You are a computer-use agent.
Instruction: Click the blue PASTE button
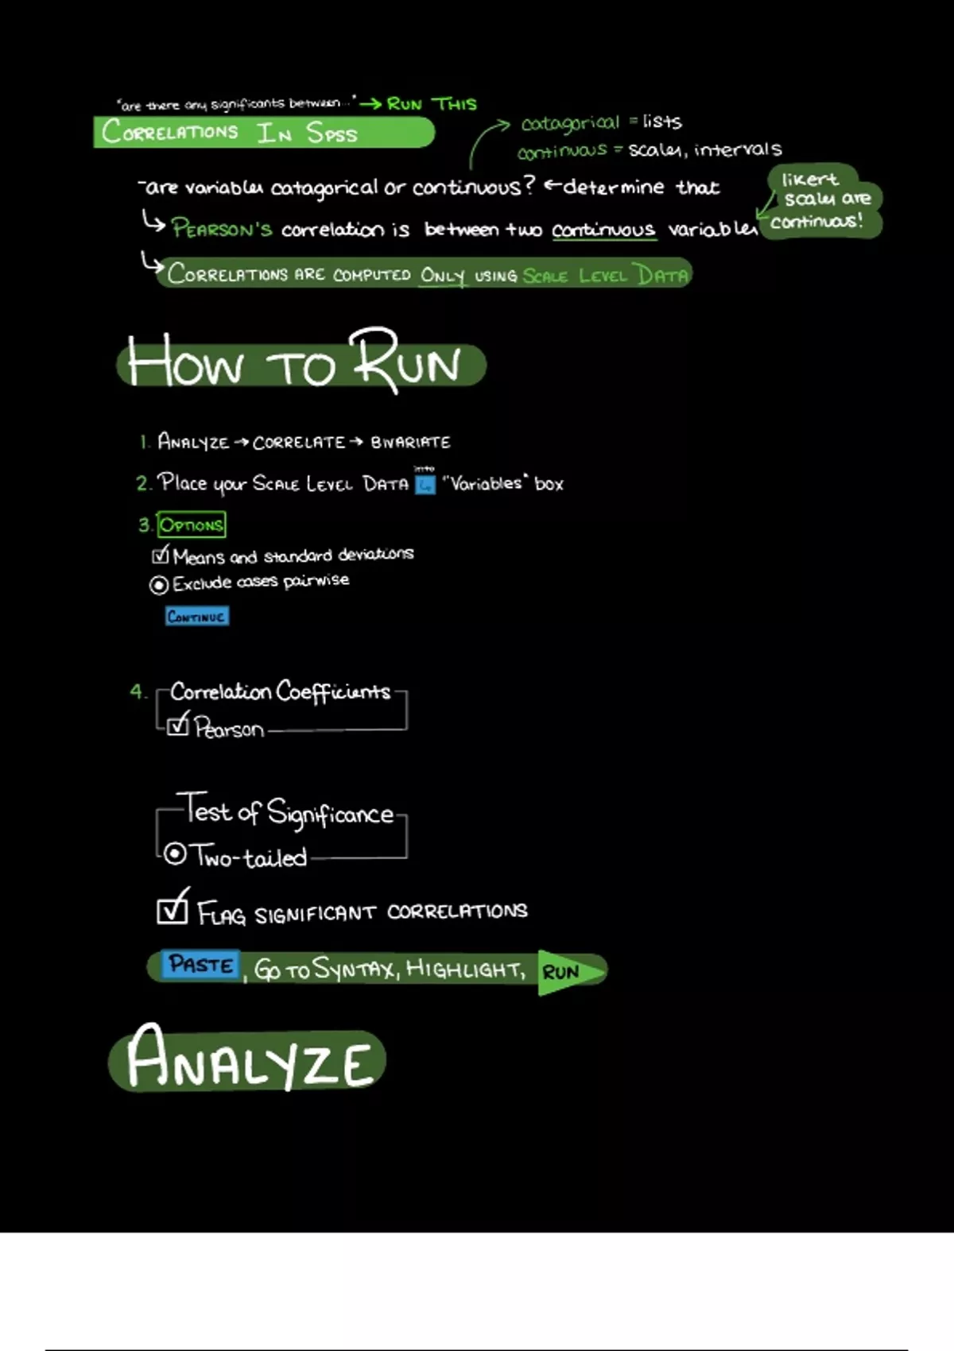200,965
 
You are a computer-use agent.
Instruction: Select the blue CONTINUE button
197,617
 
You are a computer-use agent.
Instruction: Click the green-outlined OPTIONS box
192,525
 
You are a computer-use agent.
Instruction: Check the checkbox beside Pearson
178,725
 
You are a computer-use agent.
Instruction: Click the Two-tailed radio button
175,854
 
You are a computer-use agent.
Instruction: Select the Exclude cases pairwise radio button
159,585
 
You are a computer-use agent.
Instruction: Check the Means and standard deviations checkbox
161,554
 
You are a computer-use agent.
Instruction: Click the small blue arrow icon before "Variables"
425,484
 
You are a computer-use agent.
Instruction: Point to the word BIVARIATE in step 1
410,442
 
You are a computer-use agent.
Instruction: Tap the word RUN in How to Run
407,362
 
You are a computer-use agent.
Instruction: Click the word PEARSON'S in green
222,229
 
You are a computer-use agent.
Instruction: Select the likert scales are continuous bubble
823,201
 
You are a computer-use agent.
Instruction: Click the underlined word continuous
603,230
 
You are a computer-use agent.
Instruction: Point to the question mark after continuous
529,186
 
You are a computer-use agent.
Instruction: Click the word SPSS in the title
332,133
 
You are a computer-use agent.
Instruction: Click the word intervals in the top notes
738,149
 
